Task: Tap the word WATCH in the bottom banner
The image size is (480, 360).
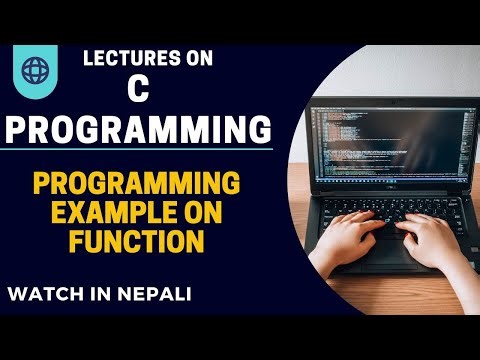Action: click(45, 297)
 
